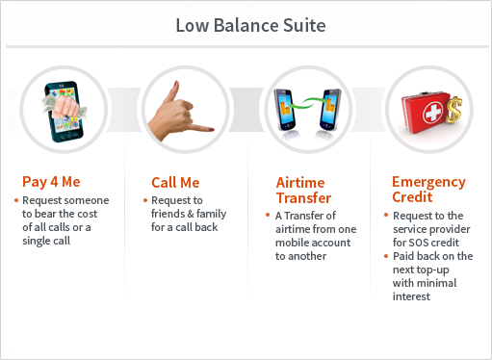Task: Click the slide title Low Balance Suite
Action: click(250, 25)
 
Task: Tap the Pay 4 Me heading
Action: click(51, 182)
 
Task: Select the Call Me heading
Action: click(175, 183)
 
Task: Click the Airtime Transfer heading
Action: click(303, 191)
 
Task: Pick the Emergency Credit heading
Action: click(428, 190)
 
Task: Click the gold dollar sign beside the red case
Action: click(453, 110)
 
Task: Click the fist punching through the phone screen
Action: click(65, 104)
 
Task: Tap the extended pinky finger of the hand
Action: click(200, 128)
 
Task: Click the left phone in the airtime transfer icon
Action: click(285, 109)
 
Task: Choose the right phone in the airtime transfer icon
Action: click(330, 109)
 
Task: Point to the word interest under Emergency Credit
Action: click(411, 296)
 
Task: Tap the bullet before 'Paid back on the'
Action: click(386, 256)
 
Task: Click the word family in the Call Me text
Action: click(211, 214)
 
